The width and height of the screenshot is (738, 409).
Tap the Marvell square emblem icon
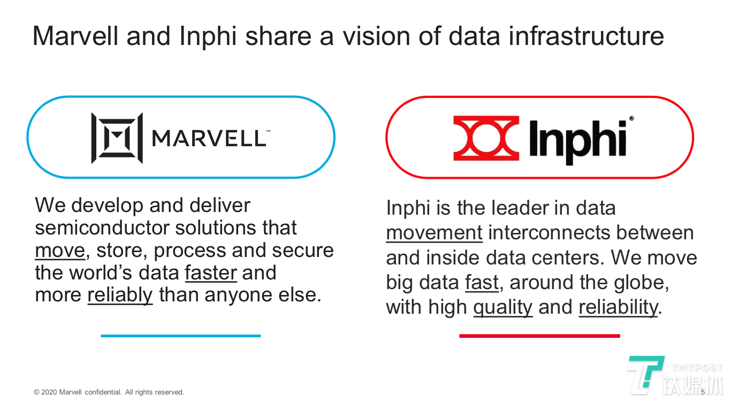coord(117,138)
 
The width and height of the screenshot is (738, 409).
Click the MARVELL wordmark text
coord(209,138)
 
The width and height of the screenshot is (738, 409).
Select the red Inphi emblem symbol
coord(486,138)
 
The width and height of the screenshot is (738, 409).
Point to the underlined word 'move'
coord(60,251)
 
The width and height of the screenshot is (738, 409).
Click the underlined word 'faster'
coord(211,272)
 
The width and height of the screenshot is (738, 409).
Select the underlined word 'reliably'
coord(120,295)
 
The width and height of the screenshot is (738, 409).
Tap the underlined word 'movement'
coord(434,233)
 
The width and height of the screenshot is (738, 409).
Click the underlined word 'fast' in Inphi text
coord(482,283)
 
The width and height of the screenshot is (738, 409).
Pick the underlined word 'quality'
coord(503,307)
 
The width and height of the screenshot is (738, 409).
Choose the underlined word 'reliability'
coord(618,307)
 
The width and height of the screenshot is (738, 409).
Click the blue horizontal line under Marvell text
coord(180,336)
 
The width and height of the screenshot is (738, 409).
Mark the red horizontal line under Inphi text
coord(539,336)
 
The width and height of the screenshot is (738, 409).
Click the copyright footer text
coord(109,392)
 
